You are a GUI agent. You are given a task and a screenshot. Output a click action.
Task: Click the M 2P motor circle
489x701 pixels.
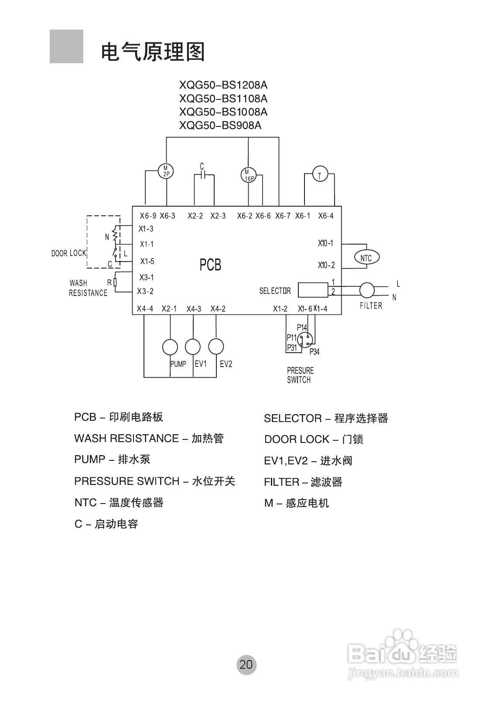pyautogui.click(x=166, y=171)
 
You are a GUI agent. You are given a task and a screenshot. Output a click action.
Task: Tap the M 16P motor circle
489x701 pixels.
pyautogui.click(x=249, y=175)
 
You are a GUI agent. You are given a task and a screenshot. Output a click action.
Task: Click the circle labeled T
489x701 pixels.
pyautogui.click(x=320, y=175)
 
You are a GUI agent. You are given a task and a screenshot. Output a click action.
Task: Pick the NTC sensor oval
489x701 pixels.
pyautogui.click(x=366, y=258)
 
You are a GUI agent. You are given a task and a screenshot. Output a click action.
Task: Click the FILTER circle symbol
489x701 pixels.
pyautogui.click(x=367, y=290)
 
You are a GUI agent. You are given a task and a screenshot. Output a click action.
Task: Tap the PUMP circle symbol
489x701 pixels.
pyautogui.click(x=170, y=347)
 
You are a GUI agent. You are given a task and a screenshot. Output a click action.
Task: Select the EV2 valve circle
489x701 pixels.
pyautogui.click(x=216, y=347)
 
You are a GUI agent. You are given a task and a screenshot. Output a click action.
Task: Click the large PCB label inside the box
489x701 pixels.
pyautogui.click(x=210, y=265)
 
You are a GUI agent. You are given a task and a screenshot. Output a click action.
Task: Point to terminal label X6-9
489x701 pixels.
pyautogui.click(x=148, y=216)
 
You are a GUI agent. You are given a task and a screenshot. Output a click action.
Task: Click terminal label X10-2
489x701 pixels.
pyautogui.click(x=326, y=265)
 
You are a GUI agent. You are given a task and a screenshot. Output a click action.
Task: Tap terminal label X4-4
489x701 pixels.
pyautogui.click(x=145, y=309)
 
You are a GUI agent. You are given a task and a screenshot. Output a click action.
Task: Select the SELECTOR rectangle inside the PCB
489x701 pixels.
pyautogui.click(x=313, y=290)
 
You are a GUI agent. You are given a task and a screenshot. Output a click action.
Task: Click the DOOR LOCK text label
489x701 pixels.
pyautogui.click(x=68, y=253)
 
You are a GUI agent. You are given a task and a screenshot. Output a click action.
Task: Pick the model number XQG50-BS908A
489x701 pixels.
pyautogui.click(x=220, y=126)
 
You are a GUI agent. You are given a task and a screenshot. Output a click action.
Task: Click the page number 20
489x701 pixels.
pyautogui.click(x=246, y=664)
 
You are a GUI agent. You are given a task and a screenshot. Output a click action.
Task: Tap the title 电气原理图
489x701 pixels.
pyautogui.click(x=153, y=52)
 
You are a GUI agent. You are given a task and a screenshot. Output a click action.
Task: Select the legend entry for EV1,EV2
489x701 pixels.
pyautogui.click(x=308, y=461)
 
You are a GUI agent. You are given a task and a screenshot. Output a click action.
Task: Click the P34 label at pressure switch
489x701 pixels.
pyautogui.click(x=314, y=352)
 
